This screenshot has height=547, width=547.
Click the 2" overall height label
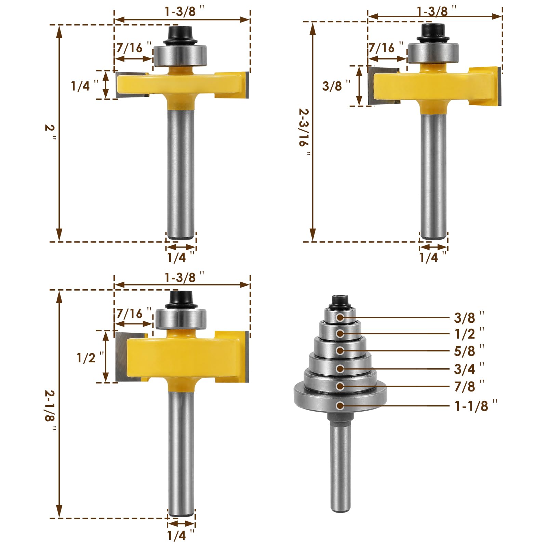[x=50, y=129]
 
